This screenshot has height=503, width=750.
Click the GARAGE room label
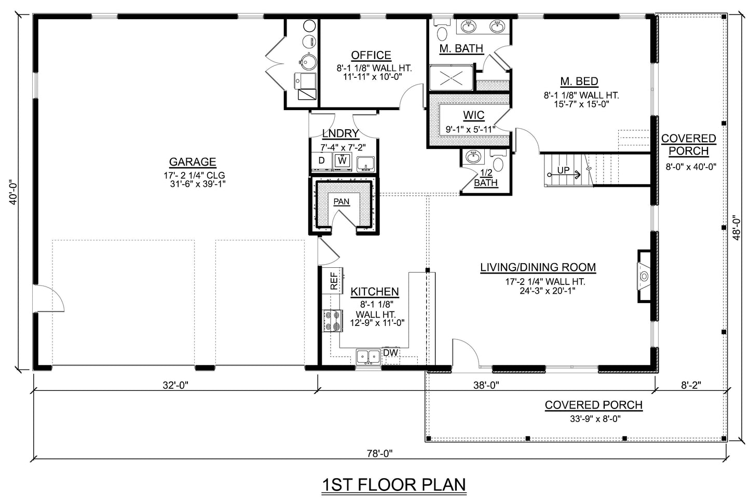point(192,162)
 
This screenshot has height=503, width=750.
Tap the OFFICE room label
point(371,56)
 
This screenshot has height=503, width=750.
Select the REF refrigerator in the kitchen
point(334,281)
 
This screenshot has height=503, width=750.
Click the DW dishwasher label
point(390,353)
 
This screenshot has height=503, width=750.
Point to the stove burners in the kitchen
point(332,320)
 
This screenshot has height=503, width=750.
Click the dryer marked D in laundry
point(321,161)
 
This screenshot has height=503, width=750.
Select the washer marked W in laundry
point(342,161)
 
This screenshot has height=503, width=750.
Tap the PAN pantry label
point(341,201)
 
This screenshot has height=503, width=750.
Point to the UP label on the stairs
point(563,170)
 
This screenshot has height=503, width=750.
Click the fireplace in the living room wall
point(644,276)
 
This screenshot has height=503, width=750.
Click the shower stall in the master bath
point(451,78)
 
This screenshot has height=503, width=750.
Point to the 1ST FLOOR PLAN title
point(394,484)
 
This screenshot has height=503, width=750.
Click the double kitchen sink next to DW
point(369,356)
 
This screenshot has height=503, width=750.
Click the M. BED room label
point(579,81)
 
